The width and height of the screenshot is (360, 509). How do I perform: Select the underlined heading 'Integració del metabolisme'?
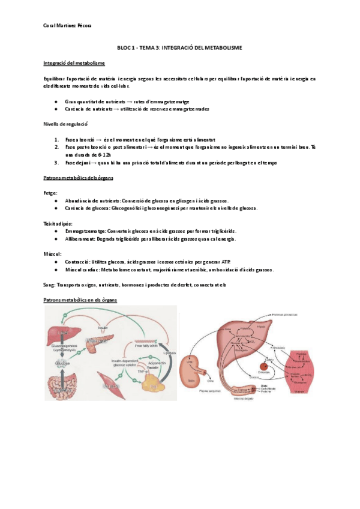click(74, 62)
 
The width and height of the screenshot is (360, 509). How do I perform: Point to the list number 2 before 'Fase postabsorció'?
click(56, 147)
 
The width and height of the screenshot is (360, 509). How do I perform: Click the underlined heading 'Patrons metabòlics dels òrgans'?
click(79, 178)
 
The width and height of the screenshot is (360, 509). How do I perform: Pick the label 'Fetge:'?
click(51, 193)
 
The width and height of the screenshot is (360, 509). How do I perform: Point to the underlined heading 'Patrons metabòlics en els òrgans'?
click(80, 299)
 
